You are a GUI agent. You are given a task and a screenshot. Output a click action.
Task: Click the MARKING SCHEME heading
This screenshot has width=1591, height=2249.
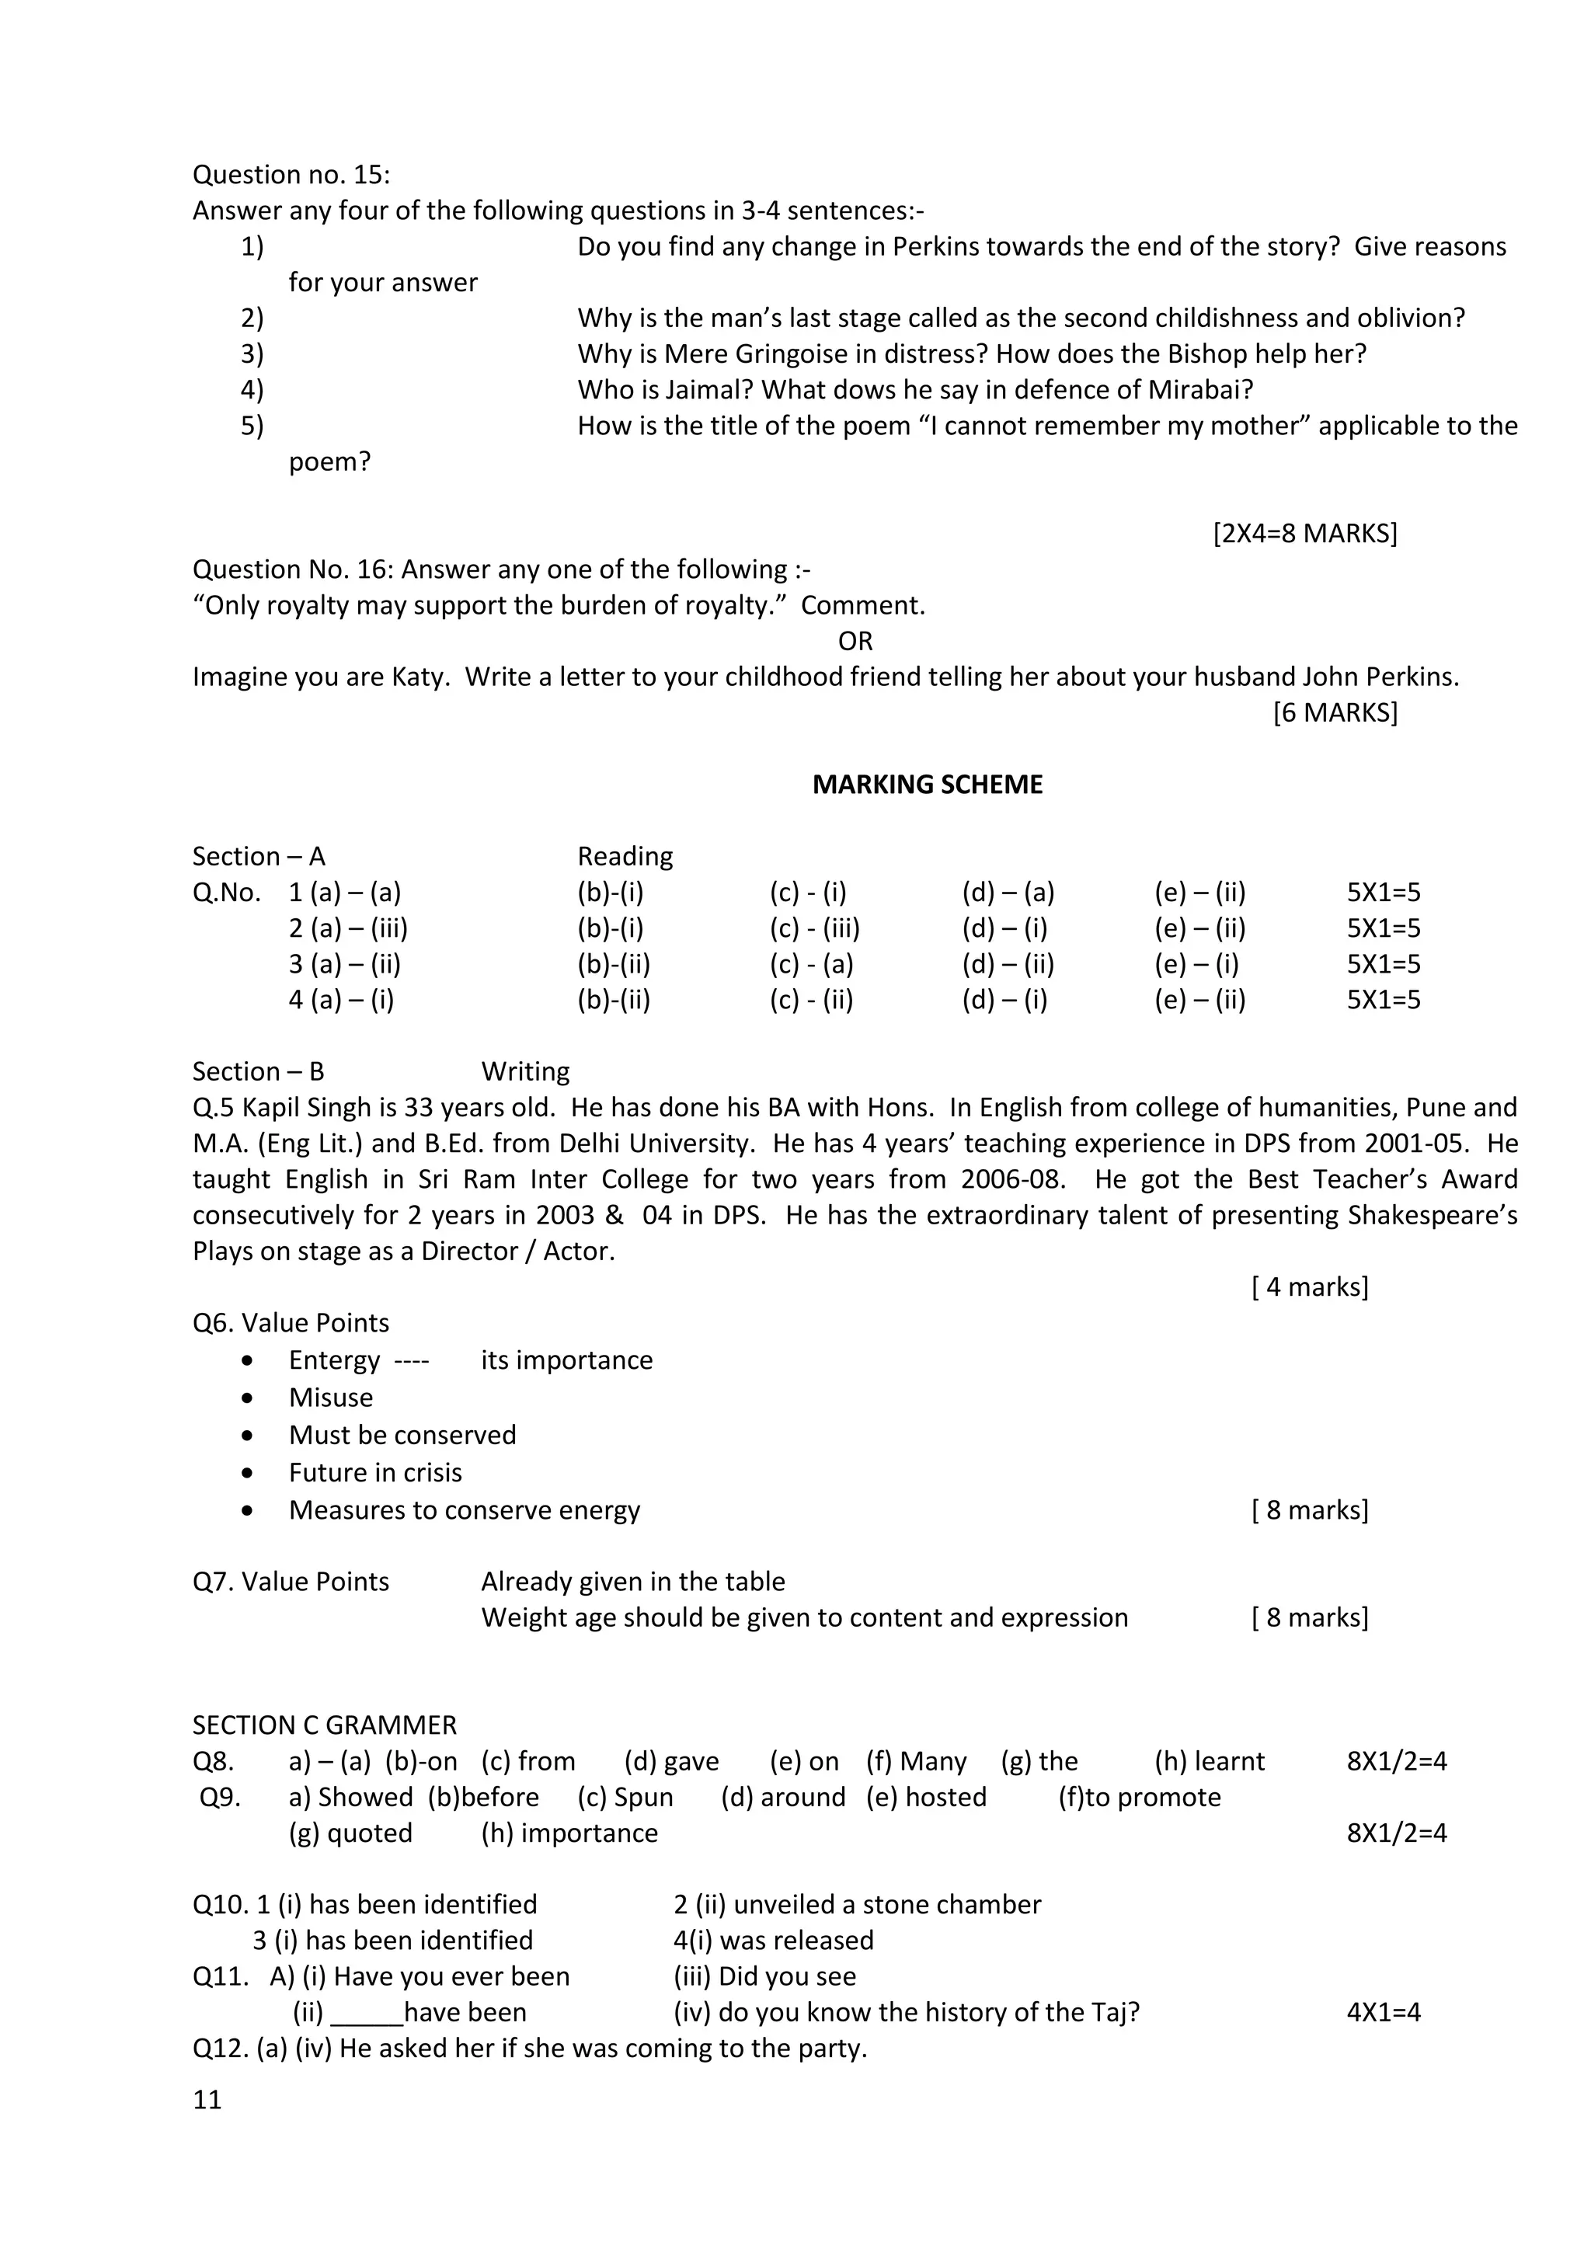click(927, 785)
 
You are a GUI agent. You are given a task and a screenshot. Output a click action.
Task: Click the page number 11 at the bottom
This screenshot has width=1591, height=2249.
click(207, 2099)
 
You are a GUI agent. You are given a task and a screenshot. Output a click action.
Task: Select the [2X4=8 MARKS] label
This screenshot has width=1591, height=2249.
click(1304, 534)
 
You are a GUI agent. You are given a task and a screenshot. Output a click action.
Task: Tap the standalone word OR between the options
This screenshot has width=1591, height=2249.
click(855, 642)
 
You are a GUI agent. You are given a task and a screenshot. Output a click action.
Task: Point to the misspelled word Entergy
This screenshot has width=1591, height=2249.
click(334, 1360)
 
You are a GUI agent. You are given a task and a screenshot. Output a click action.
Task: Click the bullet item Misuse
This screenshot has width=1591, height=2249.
click(330, 1398)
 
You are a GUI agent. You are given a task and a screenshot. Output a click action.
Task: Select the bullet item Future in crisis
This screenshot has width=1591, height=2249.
click(374, 1472)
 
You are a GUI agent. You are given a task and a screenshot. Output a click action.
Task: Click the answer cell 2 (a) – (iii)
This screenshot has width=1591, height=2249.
click(348, 928)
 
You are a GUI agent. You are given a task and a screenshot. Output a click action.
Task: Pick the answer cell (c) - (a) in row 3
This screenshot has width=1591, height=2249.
click(810, 965)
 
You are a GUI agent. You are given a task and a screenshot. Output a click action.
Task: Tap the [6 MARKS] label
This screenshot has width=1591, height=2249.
click(1335, 713)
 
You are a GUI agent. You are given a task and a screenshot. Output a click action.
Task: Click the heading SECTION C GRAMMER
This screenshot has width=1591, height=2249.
click(324, 1725)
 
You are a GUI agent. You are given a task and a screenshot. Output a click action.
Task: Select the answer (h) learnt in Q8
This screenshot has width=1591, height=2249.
click(1209, 1761)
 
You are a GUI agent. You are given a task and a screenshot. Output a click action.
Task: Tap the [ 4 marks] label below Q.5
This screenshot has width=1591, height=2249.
click(1309, 1287)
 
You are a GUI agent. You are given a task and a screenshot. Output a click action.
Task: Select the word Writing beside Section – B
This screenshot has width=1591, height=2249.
click(525, 1071)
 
